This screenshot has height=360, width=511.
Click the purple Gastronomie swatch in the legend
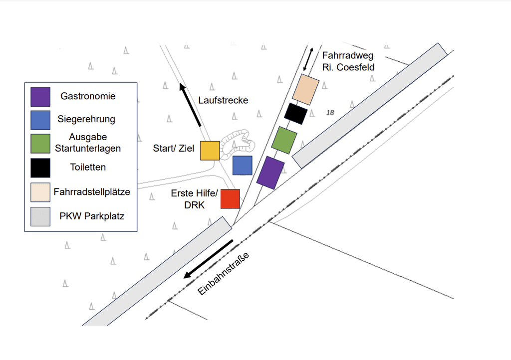point(40,97)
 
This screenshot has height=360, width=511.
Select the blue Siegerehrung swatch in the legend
point(40,120)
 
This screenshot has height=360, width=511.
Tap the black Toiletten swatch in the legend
point(40,168)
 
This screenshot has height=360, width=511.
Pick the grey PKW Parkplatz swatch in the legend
point(40,216)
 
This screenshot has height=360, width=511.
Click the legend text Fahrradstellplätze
point(91,191)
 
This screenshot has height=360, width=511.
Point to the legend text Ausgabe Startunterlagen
point(88,142)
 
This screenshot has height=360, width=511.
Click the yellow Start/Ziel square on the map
point(210,151)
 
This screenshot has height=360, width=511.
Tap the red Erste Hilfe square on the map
point(230,199)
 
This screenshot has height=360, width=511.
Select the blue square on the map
point(243,166)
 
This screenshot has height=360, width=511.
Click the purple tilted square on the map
point(270,173)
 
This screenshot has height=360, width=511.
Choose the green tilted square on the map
point(284,140)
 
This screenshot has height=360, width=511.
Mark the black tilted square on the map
point(295,113)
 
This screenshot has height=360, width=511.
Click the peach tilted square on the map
point(305,90)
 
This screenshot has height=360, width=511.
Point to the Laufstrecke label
point(223,100)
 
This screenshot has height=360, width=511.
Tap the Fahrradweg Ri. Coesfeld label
point(348,61)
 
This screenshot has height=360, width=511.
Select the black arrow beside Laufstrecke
point(191,105)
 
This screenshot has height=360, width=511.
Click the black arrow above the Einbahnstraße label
point(208,259)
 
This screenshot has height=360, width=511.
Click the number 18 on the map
point(330,113)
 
